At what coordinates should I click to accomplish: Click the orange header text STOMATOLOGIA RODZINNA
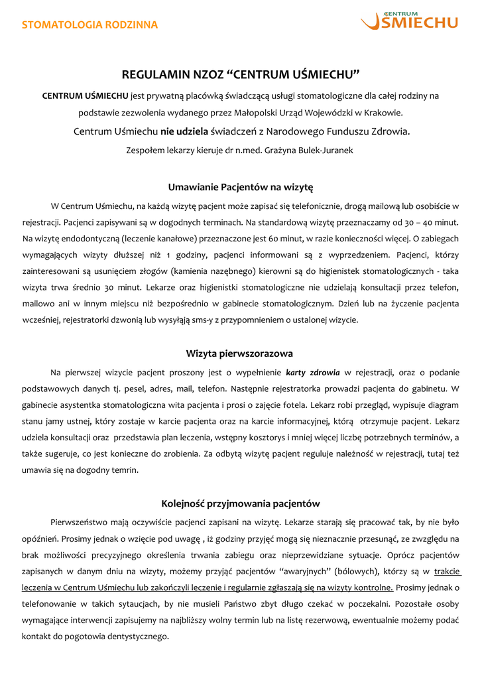90,25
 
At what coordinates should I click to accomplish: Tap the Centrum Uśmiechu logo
409,21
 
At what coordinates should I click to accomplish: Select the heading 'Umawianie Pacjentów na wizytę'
240,187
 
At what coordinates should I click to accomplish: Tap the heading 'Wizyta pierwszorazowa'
240,353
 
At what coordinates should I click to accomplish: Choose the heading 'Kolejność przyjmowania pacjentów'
240,503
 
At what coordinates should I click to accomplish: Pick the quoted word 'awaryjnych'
301,571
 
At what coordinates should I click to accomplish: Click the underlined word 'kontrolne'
374,587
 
